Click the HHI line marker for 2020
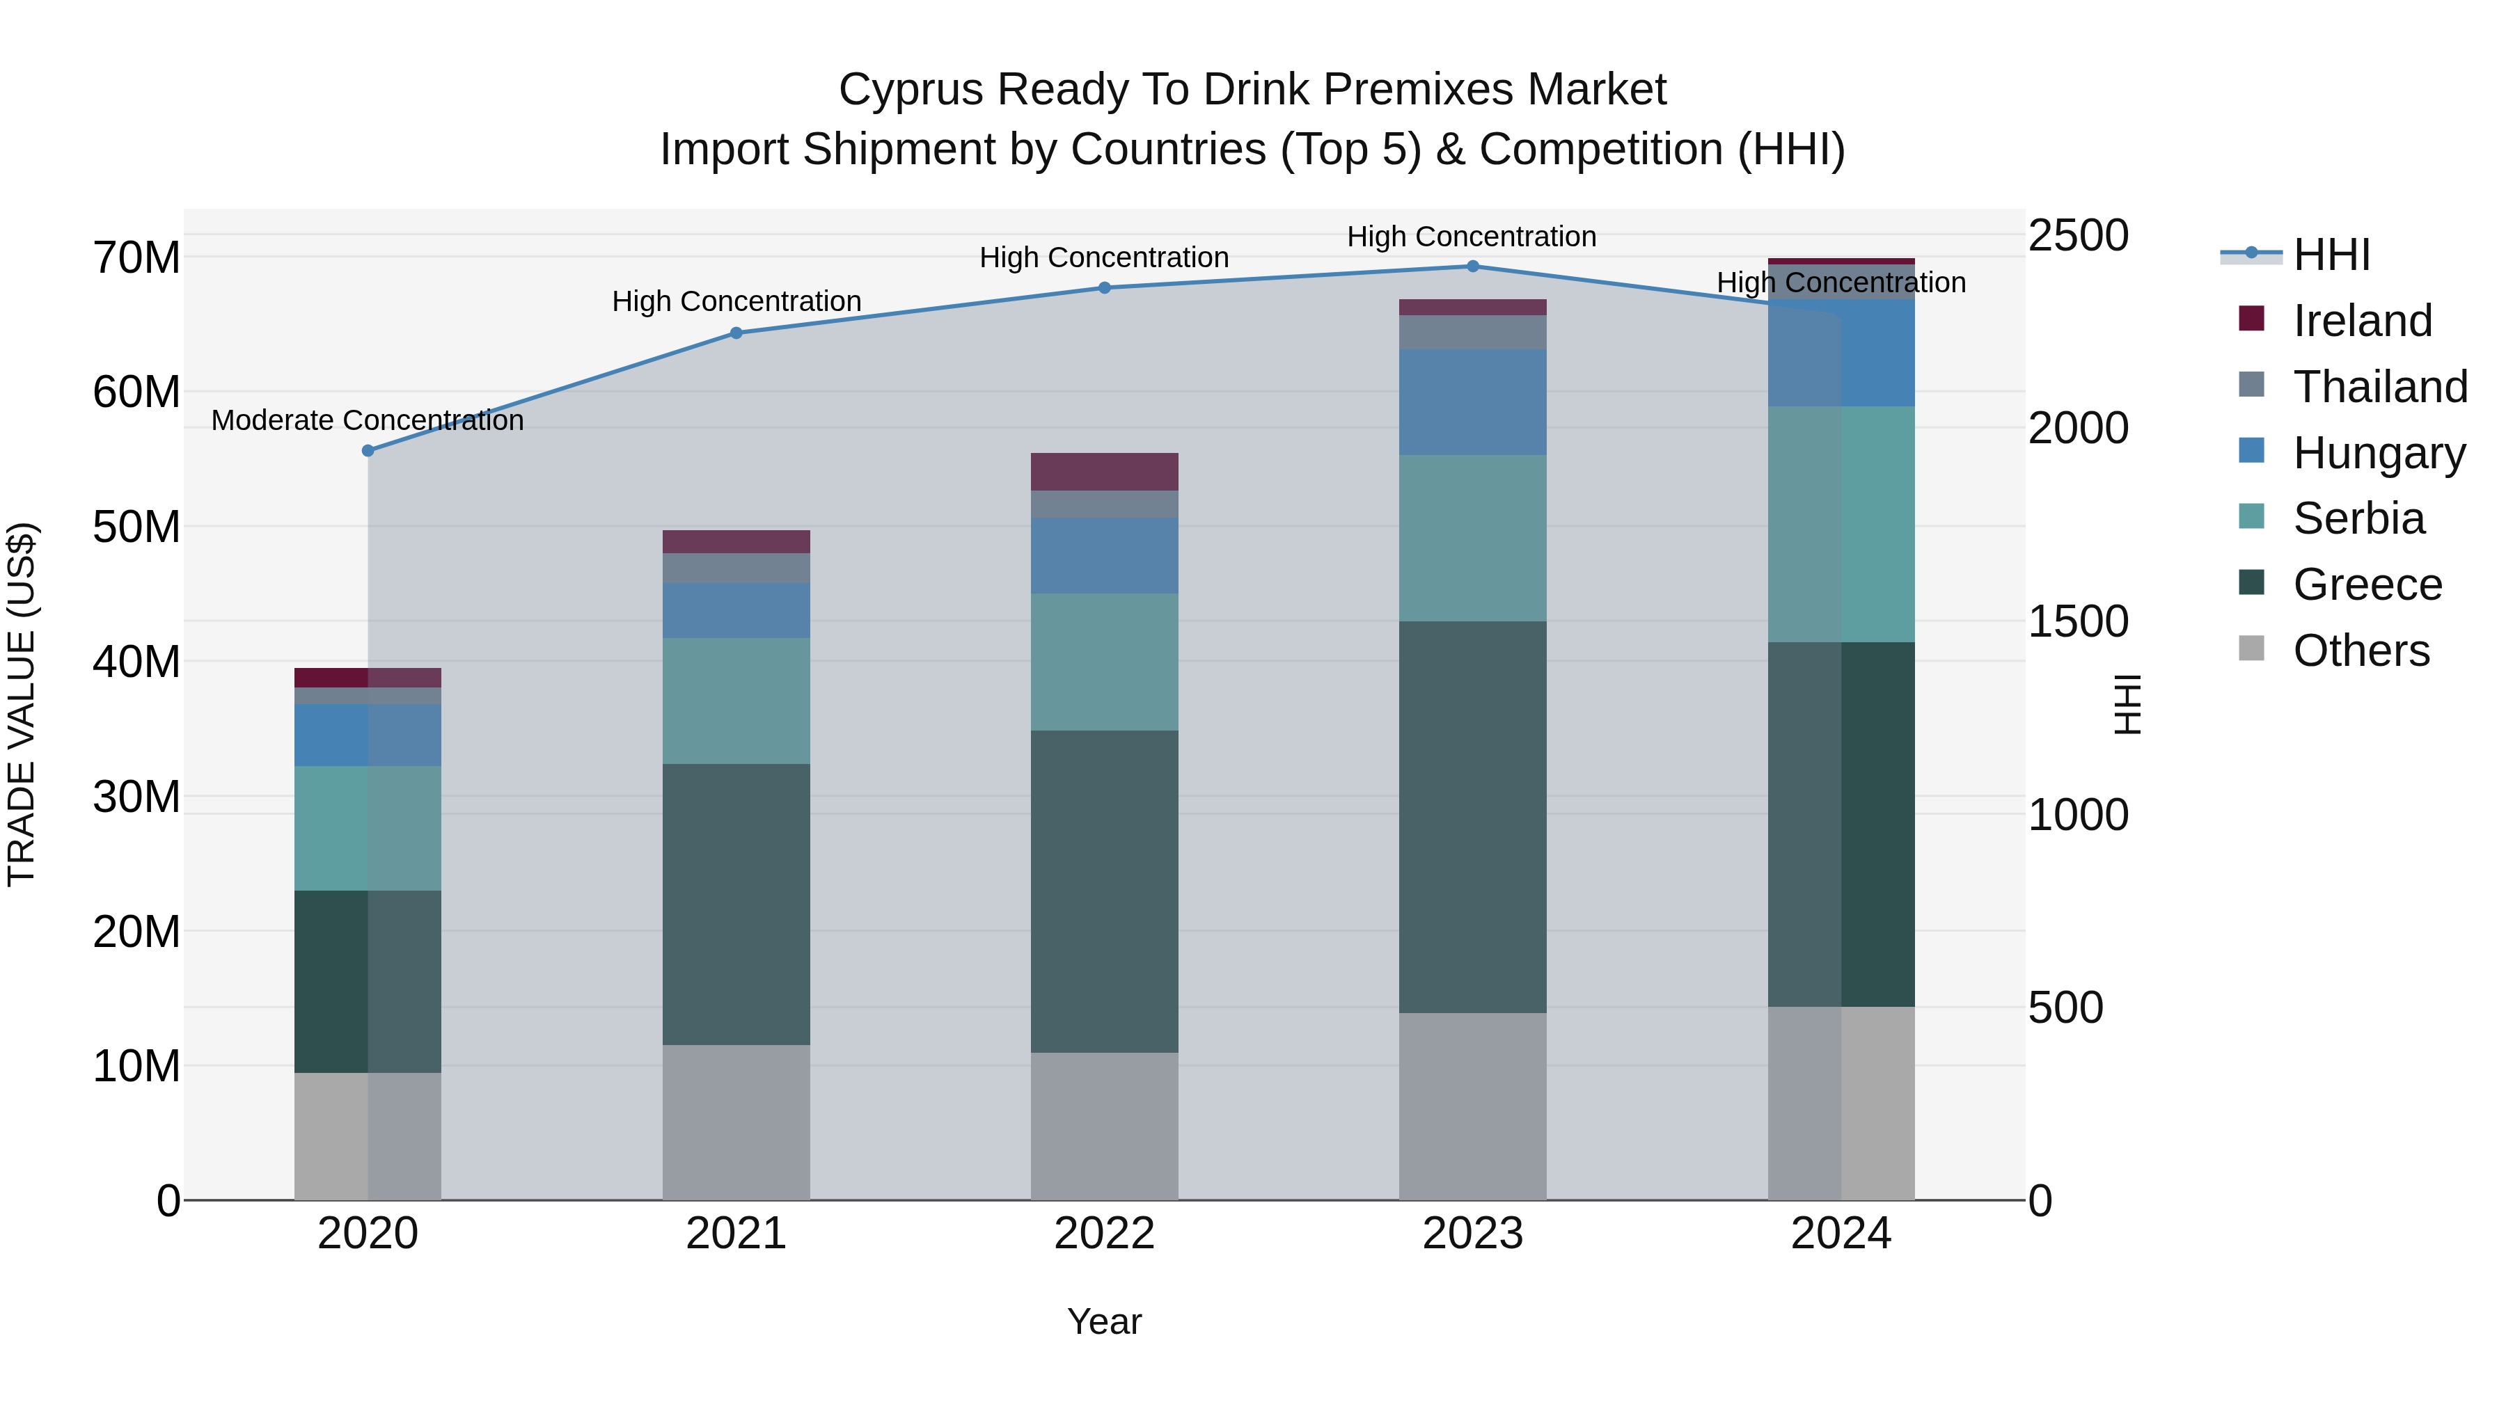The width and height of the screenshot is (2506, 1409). click(x=368, y=450)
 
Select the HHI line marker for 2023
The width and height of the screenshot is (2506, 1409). click(x=1472, y=266)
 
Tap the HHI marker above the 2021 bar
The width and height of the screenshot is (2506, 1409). click(x=736, y=333)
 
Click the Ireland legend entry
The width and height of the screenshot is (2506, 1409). click(x=2362, y=321)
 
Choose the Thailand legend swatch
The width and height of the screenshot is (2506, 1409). click(x=2251, y=385)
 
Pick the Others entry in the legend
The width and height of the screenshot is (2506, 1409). click(x=2361, y=651)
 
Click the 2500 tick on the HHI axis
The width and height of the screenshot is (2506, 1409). click(x=2078, y=235)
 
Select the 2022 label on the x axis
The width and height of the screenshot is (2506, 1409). click(x=1104, y=1234)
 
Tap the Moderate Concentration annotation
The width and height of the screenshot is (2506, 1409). click(x=367, y=420)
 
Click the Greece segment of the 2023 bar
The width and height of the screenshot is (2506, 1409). click(x=1472, y=817)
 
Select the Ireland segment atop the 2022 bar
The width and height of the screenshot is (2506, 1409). click(x=1104, y=472)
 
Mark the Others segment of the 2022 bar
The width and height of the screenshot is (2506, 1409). click(x=1104, y=1126)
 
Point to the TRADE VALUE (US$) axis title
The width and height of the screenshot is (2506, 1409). click(x=22, y=704)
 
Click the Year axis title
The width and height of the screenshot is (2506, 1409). click(x=1104, y=1321)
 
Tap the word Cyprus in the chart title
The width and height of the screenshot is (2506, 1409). click(x=911, y=90)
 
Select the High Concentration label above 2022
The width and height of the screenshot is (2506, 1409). click(x=1104, y=257)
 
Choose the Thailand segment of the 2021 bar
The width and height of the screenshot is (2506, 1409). click(x=736, y=568)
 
